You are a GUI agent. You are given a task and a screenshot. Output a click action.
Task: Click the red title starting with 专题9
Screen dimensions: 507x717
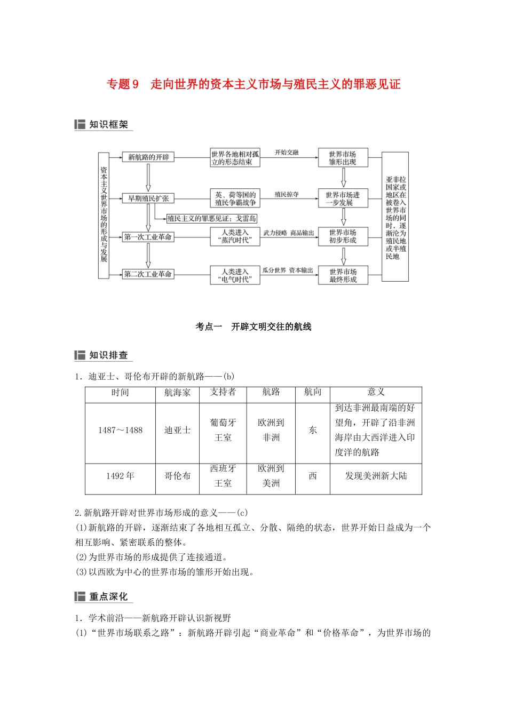tap(253, 84)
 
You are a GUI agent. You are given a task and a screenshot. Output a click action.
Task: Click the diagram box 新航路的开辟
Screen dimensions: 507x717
tap(148, 157)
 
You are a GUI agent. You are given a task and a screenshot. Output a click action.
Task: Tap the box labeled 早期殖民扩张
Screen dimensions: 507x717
tap(148, 198)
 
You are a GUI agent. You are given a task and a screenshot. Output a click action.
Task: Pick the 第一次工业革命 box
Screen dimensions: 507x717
tap(148, 237)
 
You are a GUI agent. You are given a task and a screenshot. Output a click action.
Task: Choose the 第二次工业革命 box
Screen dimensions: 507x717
tap(148, 274)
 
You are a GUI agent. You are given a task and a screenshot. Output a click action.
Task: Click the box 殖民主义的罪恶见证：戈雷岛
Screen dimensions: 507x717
tap(212, 219)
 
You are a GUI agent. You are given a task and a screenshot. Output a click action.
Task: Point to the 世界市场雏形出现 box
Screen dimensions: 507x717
tap(343, 158)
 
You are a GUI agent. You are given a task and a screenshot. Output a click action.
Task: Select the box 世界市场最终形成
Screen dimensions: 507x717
tap(343, 275)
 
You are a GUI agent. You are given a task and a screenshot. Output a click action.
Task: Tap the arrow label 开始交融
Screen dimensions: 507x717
tap(287, 153)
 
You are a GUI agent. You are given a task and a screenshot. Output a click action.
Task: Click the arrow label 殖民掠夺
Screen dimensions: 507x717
tap(287, 195)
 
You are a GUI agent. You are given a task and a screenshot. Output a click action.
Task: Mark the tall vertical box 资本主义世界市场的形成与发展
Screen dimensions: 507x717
tap(104, 215)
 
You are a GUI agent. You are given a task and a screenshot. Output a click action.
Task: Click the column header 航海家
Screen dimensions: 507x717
tap(177, 393)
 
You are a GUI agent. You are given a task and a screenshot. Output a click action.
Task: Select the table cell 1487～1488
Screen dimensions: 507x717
tap(120, 431)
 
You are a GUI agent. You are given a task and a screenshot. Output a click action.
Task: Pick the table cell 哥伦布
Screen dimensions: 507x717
tap(177, 476)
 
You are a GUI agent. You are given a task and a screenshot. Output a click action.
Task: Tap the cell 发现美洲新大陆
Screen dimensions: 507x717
tap(376, 476)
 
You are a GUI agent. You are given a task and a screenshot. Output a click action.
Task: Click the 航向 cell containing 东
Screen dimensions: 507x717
tap(313, 431)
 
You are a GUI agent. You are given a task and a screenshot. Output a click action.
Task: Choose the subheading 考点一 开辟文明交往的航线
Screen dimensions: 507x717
tap(253, 327)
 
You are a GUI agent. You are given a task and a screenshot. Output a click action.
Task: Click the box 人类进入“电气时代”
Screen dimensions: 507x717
tap(235, 275)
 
